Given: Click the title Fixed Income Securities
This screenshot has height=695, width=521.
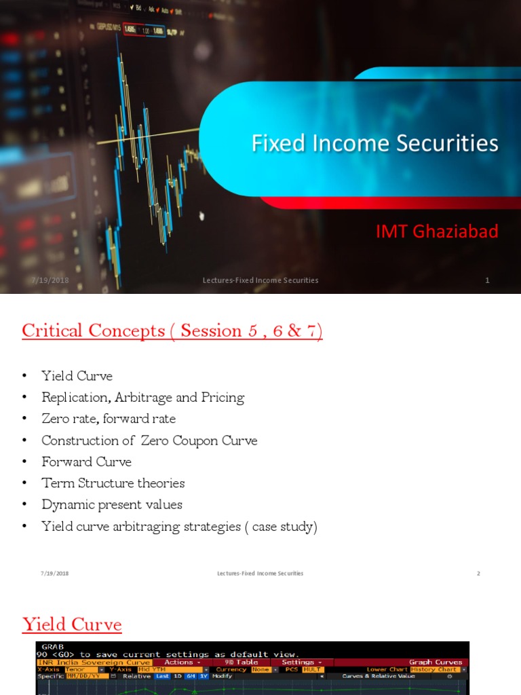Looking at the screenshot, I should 374,143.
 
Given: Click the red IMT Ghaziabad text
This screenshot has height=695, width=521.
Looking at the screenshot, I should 437,231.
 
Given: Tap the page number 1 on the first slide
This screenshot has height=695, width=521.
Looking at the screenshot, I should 487,280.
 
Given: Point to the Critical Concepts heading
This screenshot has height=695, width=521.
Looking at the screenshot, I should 172,331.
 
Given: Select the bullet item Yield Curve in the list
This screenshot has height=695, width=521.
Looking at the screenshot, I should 77,376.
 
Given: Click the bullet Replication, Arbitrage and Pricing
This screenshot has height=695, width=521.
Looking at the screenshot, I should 142,398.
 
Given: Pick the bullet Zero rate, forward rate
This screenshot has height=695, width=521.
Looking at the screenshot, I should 109,419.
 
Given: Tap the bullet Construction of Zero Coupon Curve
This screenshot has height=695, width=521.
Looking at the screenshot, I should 149,440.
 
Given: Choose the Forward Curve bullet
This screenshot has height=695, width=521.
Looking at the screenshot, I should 86,462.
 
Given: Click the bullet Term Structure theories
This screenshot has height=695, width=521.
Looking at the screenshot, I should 113,483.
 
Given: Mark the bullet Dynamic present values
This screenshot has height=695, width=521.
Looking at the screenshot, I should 112,505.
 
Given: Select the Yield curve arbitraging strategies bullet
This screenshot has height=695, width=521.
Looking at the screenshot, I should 179,527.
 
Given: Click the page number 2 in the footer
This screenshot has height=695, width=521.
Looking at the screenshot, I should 478,574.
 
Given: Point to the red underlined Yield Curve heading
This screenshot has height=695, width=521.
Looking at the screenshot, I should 72,624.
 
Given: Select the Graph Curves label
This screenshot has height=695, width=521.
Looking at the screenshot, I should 436,662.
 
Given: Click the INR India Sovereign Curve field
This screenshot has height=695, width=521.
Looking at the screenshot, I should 94,662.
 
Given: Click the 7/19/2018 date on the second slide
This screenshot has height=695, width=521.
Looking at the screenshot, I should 54,574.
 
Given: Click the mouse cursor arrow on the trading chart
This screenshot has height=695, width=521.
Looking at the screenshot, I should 201,216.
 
